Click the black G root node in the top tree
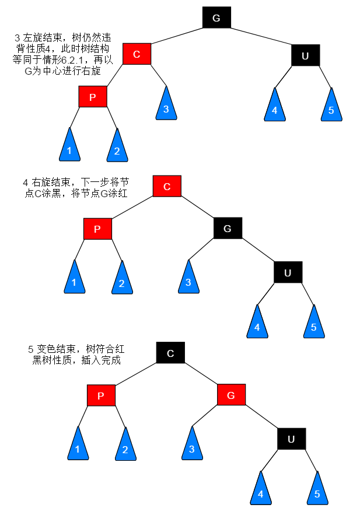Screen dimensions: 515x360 pos(216,17)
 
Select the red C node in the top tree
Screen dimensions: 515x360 pos(137,54)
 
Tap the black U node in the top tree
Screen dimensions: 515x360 pos(305,55)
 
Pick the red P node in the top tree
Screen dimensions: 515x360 pos(93,97)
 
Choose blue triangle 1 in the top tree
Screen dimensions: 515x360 pos(69,148)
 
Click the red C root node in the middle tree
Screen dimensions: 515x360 pos(167,186)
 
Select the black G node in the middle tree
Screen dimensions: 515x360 pos(228,228)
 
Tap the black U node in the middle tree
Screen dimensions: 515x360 pos(288,272)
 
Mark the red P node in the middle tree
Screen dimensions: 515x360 pos(97,229)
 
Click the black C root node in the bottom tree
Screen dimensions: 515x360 pos(170,353)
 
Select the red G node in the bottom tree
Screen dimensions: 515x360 pos(231,395)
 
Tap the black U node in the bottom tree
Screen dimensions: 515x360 pos(291,439)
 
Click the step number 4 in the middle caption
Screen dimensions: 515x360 pos(26,182)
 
